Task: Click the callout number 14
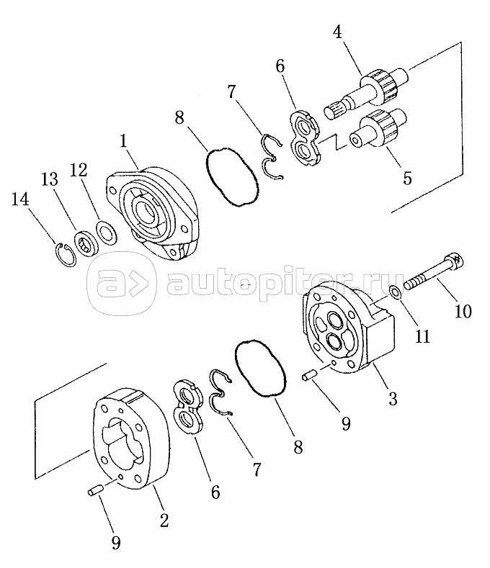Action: tap(20, 199)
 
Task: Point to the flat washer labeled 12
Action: tap(106, 233)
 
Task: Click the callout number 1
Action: tap(123, 142)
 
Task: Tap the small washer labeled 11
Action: tap(396, 292)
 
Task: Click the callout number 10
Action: tap(463, 312)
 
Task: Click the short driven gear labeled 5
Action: tap(378, 129)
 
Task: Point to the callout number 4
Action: tap(337, 32)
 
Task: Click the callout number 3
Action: tap(393, 399)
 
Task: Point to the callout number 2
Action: tap(164, 521)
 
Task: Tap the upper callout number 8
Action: tap(179, 118)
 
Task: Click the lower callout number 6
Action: tap(215, 492)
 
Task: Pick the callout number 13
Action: tap(50, 179)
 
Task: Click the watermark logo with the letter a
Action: tap(122, 284)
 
